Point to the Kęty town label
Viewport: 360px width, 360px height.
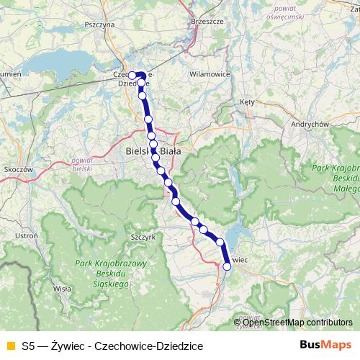pyautogui.click(x=248, y=102)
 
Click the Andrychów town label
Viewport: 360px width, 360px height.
pyautogui.click(x=310, y=124)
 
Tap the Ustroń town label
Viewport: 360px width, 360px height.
pyautogui.click(x=26, y=235)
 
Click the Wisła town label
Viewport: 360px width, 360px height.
pyautogui.click(x=63, y=288)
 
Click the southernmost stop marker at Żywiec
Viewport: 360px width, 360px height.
pyautogui.click(x=227, y=266)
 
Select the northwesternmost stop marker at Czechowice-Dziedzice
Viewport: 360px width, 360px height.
pyautogui.click(x=132, y=75)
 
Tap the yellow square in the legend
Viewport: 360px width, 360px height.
pyautogui.click(x=10, y=346)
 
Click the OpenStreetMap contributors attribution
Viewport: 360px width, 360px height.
pyautogui.click(x=297, y=323)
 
